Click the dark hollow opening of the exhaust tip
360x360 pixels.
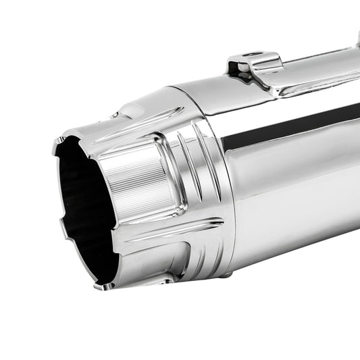pyautogui.click(x=81, y=209)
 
